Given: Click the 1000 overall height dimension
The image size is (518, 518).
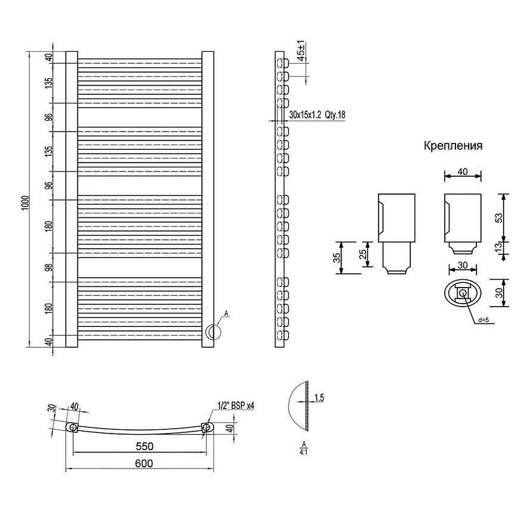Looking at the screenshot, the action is [26, 204].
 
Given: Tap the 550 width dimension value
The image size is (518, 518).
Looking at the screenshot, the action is [144, 447].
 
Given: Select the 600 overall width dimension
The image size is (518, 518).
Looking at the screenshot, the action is [144, 463].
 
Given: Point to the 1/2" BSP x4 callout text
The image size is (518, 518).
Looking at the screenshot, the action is [236, 405].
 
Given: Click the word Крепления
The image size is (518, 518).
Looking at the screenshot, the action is [453, 146].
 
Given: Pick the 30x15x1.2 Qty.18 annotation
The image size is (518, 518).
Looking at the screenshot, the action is [317, 115].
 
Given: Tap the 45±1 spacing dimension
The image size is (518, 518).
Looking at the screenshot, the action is [301, 50].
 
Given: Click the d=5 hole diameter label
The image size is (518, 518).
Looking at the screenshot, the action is [483, 320].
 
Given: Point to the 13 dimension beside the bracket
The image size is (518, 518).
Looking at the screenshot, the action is [499, 246].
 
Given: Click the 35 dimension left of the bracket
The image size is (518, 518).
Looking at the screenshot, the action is [336, 258].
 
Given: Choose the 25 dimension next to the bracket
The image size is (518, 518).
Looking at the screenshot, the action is [363, 254].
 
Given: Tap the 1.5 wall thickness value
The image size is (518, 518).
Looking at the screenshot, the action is [319, 398].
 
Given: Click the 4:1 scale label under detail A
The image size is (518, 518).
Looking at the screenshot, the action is [303, 452].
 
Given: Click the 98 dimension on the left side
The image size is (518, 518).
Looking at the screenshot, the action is [50, 267].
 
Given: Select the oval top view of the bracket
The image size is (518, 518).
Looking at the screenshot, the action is [463, 293].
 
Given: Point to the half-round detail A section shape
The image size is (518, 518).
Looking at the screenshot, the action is [298, 406].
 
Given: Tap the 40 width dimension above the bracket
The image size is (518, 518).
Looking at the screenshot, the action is [463, 171].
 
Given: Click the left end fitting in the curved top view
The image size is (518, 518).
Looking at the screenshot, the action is [72, 427].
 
